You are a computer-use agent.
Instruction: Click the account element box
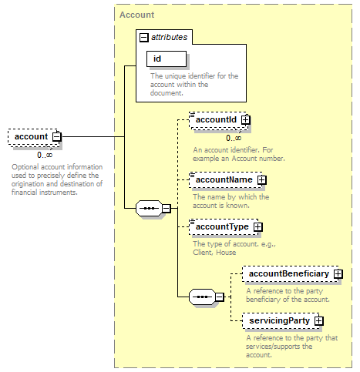click(x=35, y=137)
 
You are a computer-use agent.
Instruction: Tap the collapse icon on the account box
click(x=57, y=137)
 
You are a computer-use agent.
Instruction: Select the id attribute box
click(x=167, y=59)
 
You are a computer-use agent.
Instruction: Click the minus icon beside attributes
click(x=144, y=38)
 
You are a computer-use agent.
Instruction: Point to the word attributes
click(x=169, y=37)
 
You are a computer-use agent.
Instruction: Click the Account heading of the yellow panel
click(x=137, y=15)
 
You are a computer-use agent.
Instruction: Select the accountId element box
click(x=219, y=120)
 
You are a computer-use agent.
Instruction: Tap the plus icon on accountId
click(x=246, y=120)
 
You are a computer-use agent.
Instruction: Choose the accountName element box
click(x=227, y=179)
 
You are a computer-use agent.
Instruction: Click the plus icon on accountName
click(x=262, y=180)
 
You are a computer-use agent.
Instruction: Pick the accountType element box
click(x=225, y=227)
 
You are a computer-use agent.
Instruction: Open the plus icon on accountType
click(x=258, y=227)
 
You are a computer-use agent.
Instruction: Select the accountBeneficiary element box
click(x=292, y=274)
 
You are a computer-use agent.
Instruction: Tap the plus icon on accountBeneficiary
click(x=338, y=274)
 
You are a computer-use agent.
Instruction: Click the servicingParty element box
click(x=282, y=321)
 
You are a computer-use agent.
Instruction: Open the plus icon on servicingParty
click(x=319, y=321)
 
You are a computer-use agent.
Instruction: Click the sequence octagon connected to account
click(x=149, y=208)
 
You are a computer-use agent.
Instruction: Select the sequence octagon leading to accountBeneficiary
click(x=202, y=297)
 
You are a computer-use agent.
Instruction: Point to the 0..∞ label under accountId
click(x=234, y=139)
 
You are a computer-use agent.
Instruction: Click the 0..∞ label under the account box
click(x=45, y=156)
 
